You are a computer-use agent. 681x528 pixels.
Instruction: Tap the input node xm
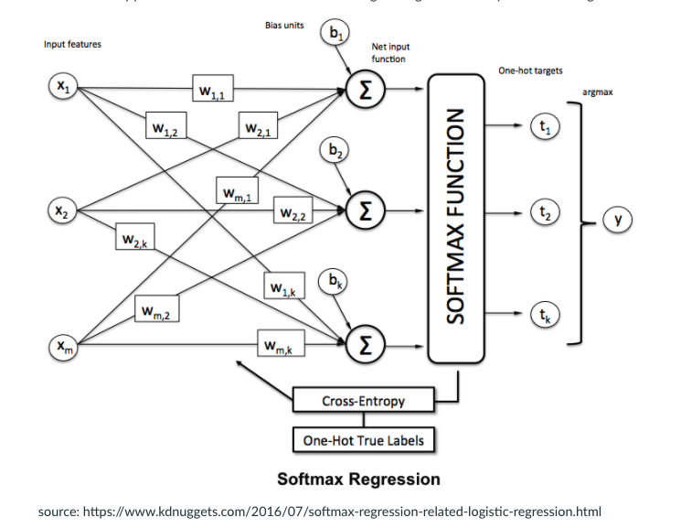[x=61, y=346]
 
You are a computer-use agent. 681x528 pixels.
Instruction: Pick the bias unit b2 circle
[x=335, y=151]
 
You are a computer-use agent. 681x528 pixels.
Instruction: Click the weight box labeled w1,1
[x=213, y=90]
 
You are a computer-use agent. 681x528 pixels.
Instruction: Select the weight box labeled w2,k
[x=136, y=239]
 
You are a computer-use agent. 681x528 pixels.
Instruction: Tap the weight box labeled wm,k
[x=280, y=346]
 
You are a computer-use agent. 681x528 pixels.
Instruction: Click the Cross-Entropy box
[x=362, y=401]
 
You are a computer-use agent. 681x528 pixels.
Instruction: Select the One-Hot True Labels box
[x=362, y=440]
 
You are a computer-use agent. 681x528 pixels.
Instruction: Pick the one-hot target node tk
[x=545, y=315]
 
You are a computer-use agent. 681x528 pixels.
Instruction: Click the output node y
[x=618, y=220]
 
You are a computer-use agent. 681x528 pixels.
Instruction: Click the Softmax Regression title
[x=357, y=479]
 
